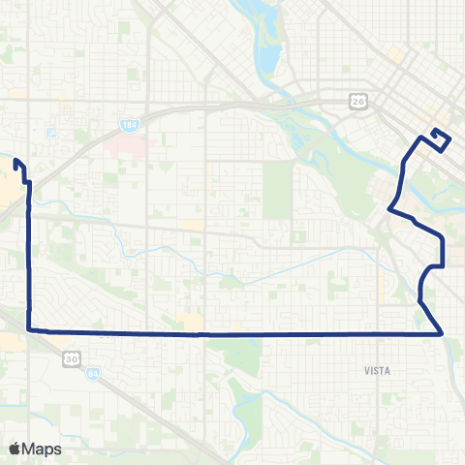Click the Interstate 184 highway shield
pos(130,125)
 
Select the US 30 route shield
pos(72,358)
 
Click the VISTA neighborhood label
pos(377,370)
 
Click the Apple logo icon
pos(15,449)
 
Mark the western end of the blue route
pos(15,163)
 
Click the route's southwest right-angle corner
pos(28,330)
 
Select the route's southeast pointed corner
pos(443,333)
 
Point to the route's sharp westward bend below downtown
pos(389,207)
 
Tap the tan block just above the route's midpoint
pos(191,320)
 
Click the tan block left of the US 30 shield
pos(13,341)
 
